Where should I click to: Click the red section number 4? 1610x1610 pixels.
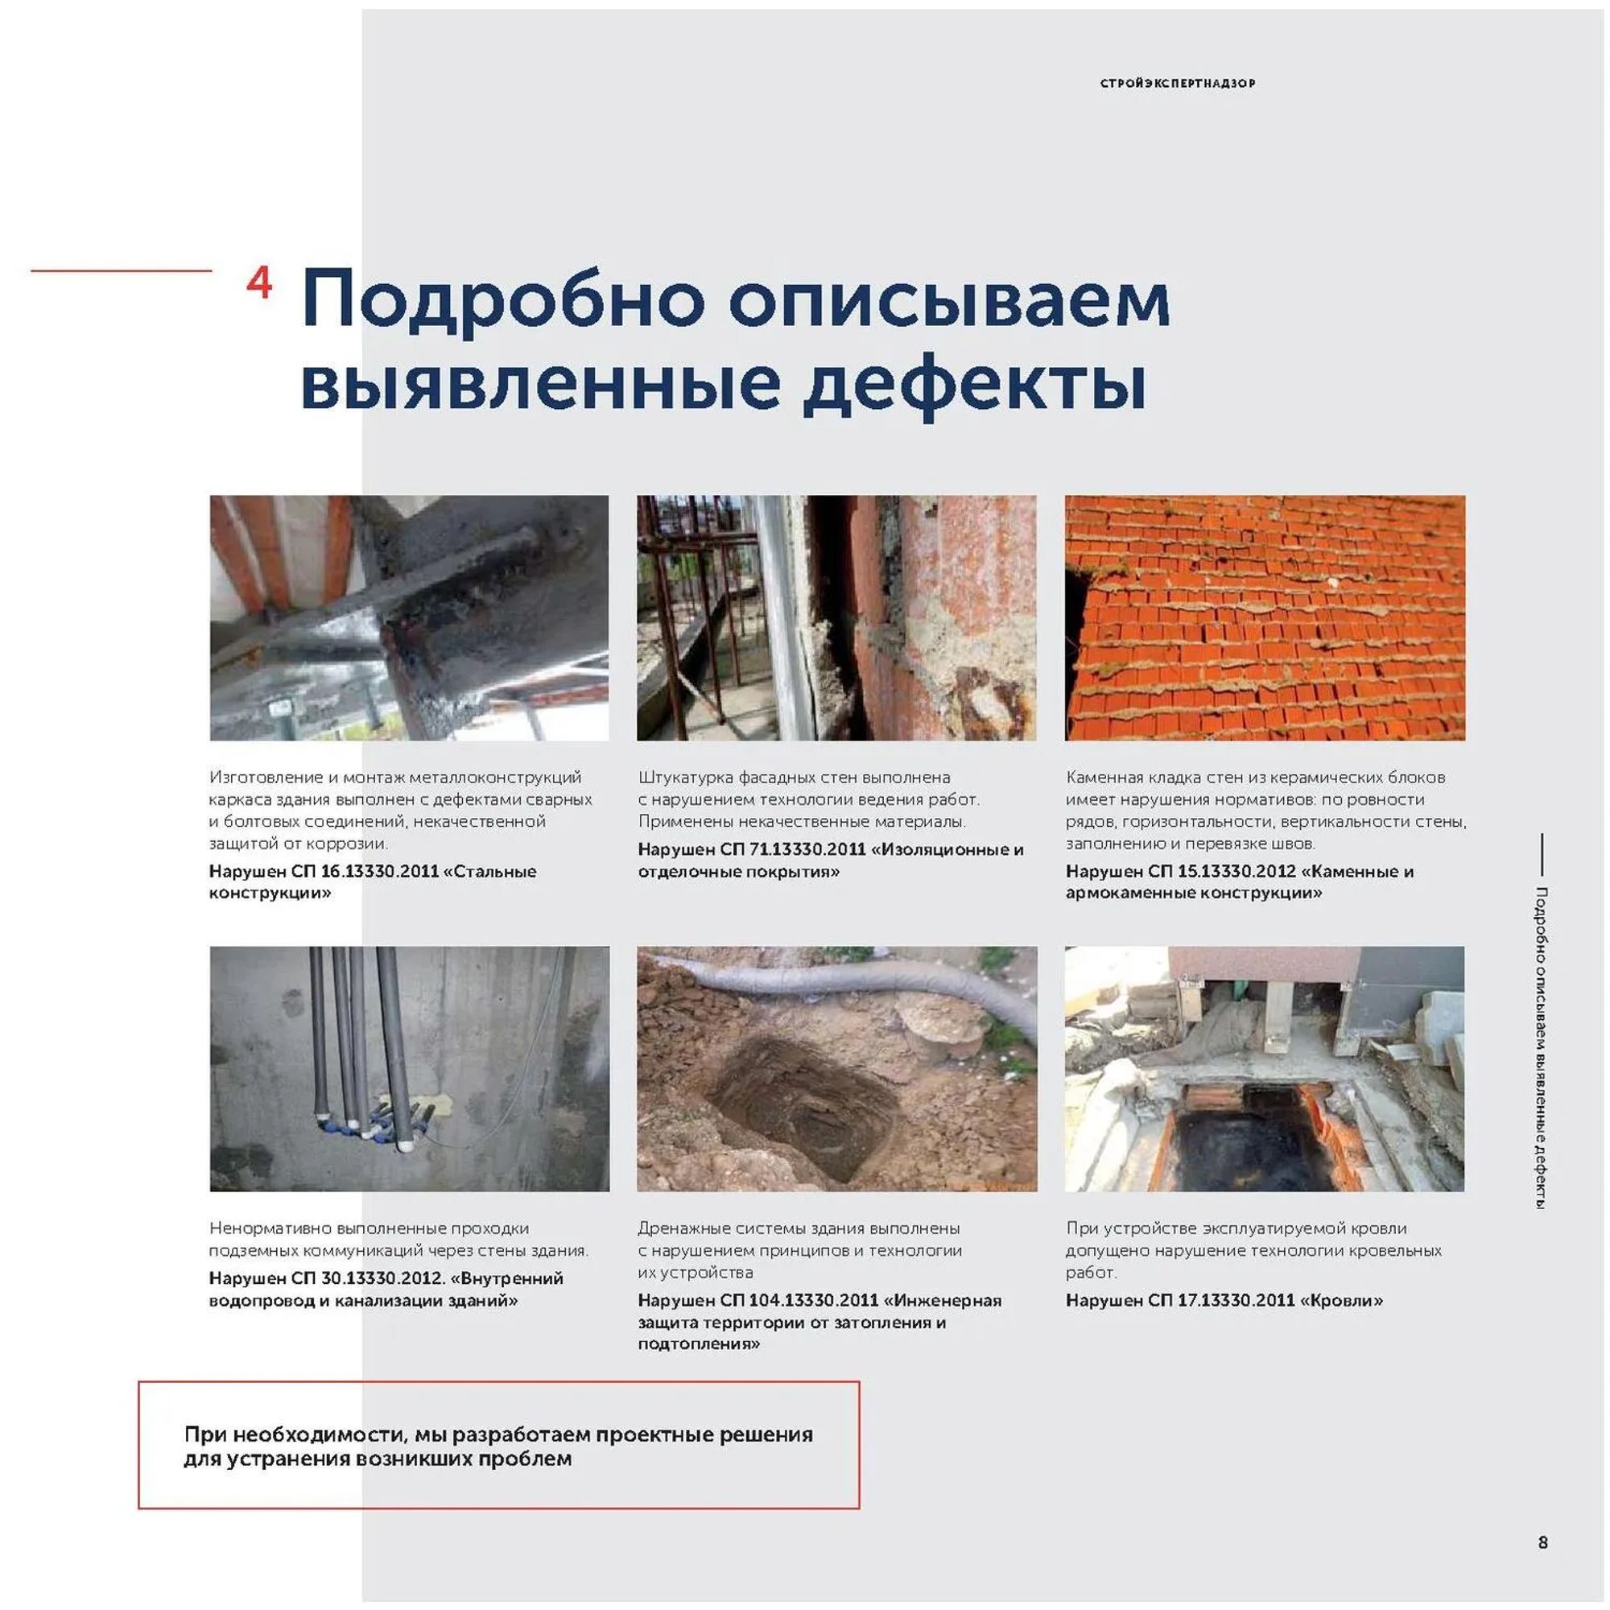click(259, 284)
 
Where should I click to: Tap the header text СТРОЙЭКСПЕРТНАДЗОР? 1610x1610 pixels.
click(1177, 84)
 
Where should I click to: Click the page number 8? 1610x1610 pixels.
click(1542, 1542)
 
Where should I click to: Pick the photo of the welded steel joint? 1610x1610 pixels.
click(409, 617)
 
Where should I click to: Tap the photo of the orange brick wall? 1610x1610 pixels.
click(1264, 617)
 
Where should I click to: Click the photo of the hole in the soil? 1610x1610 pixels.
click(836, 1068)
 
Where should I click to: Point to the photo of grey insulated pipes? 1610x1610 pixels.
click(409, 1068)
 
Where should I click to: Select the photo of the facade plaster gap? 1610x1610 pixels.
click(836, 617)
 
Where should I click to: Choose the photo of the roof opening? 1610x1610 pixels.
click(1264, 1068)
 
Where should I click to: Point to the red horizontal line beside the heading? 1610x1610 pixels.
click(122, 270)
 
